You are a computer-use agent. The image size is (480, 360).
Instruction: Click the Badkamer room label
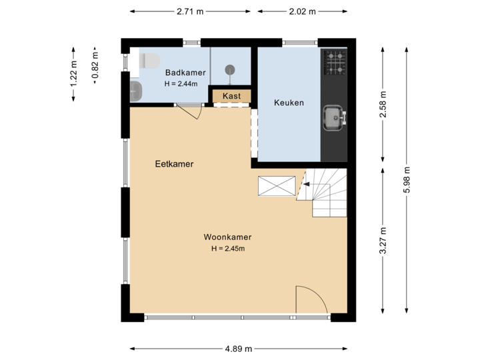point(185,73)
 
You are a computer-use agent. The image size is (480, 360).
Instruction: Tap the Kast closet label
point(232,97)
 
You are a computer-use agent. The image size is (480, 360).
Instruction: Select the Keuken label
point(289,103)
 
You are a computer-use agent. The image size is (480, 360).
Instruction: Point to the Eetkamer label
point(174,163)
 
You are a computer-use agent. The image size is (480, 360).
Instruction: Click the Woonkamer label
point(227,237)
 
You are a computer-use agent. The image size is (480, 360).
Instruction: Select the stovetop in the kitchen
point(334,62)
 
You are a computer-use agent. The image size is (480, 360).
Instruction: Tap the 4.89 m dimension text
point(238,349)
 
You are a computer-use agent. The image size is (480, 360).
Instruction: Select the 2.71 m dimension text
point(190,11)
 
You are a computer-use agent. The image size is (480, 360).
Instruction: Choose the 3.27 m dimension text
point(383,241)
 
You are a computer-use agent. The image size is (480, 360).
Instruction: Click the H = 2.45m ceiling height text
point(227,249)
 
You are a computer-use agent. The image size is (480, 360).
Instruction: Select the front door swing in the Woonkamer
point(311,299)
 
